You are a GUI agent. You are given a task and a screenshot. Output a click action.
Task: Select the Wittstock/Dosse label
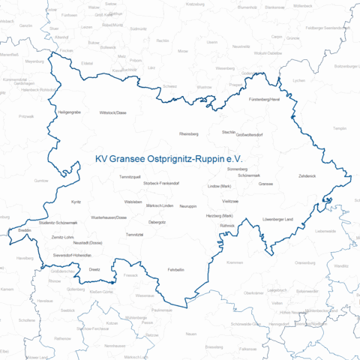[x=112, y=112]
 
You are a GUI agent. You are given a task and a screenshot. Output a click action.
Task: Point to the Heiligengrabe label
[x=69, y=112]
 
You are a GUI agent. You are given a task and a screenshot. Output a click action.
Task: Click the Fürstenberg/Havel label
[x=265, y=100]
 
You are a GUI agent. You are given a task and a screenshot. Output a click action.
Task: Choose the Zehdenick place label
[x=307, y=175]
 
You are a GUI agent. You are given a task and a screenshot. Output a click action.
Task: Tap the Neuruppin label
[x=187, y=205]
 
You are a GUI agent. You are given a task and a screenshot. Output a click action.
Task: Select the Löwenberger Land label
[x=277, y=219]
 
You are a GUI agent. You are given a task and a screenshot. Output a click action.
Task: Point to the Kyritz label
[x=76, y=202]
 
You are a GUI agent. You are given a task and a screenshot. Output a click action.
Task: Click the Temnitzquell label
[x=130, y=175]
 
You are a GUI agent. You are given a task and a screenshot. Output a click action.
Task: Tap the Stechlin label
[x=229, y=131]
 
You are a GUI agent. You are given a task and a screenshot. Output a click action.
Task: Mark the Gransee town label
[x=265, y=183]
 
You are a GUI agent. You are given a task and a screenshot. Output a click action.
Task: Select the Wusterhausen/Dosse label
[x=109, y=217]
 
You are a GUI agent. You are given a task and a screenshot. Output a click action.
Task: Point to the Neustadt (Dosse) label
[x=87, y=244]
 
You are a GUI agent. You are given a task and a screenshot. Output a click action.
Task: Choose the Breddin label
[x=25, y=230]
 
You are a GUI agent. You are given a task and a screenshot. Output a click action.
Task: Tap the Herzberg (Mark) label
[x=220, y=216]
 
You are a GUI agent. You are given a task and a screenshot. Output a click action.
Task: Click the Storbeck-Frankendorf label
[x=161, y=183]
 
